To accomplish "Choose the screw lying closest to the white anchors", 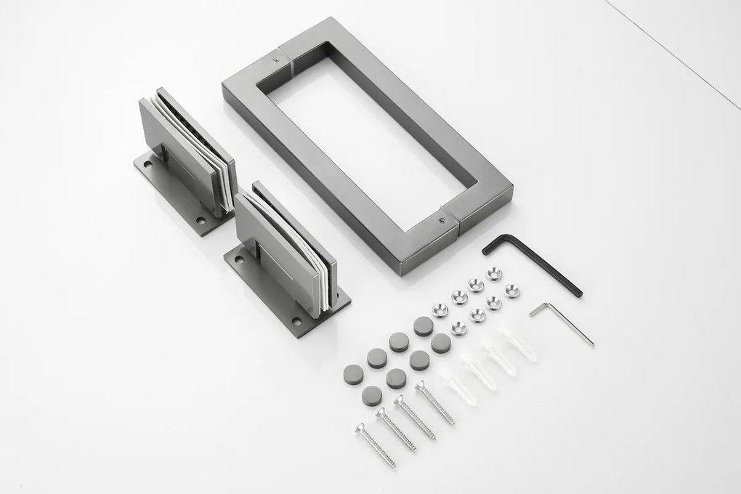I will (434, 403).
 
